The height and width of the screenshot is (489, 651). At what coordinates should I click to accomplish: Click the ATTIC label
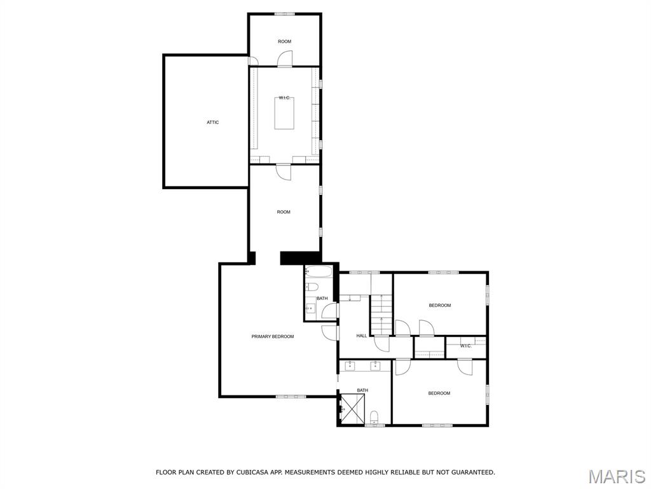(x=212, y=122)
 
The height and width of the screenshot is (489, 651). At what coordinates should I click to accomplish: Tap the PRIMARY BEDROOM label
(x=273, y=336)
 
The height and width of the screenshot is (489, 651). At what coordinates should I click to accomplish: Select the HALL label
(x=361, y=336)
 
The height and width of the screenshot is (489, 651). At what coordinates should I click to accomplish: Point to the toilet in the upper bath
(x=312, y=287)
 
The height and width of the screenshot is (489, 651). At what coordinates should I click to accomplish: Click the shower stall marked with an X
(x=353, y=409)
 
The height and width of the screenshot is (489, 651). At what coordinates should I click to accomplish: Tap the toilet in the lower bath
(x=374, y=418)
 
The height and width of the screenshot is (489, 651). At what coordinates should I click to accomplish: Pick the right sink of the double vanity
(x=376, y=365)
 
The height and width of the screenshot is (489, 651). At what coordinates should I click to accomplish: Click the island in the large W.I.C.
(x=284, y=113)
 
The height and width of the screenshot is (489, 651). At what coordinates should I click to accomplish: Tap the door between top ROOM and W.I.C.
(x=284, y=59)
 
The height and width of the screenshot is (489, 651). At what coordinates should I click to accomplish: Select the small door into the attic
(x=253, y=61)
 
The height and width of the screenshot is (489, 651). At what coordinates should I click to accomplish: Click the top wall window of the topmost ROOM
(x=284, y=14)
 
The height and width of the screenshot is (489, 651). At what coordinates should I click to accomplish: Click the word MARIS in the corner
(x=616, y=476)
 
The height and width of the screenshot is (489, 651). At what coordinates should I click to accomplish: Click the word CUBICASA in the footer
(x=250, y=472)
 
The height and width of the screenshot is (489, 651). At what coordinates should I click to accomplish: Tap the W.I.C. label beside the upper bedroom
(x=465, y=346)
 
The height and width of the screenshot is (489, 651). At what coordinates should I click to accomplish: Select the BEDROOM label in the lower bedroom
(x=439, y=393)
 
